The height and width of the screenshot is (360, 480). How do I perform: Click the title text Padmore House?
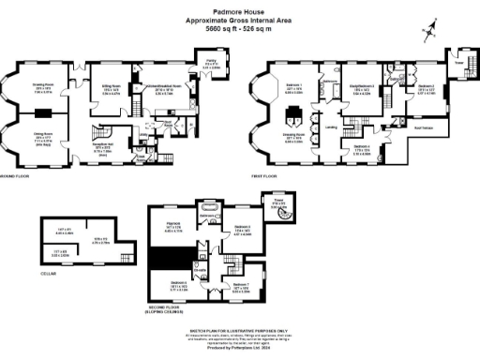click(x=238, y=11)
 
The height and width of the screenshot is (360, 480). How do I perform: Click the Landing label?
click(x=331, y=127)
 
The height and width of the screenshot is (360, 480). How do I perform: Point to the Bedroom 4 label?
click(x=363, y=147)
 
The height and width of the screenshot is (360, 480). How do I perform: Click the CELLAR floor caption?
click(x=47, y=273)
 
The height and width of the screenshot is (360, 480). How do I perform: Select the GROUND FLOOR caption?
click(x=18, y=175)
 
